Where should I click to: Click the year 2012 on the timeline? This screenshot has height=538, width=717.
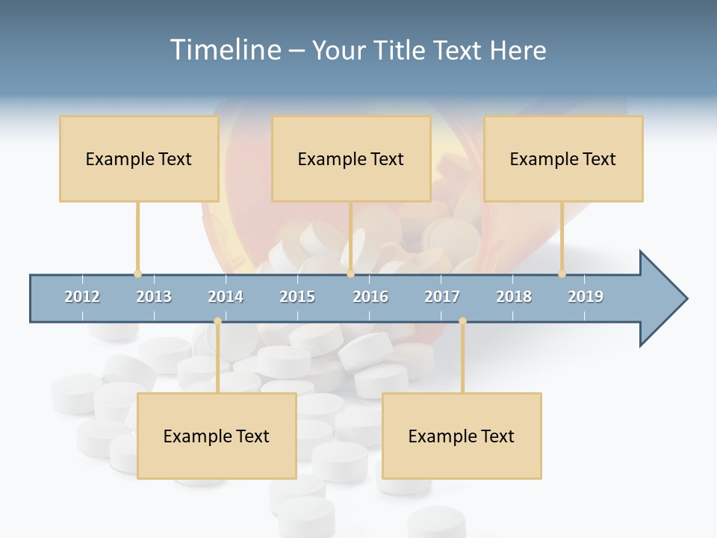(x=82, y=297)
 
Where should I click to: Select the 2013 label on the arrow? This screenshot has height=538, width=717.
(x=154, y=297)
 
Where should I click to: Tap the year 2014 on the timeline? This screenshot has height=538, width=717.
(x=226, y=297)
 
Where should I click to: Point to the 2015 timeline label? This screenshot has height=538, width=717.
(x=297, y=297)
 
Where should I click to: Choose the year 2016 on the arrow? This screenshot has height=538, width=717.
(x=370, y=297)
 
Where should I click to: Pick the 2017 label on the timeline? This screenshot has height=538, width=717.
(x=442, y=297)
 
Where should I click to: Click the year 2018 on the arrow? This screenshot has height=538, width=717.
(x=514, y=297)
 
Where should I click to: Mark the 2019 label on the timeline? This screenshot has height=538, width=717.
(x=586, y=297)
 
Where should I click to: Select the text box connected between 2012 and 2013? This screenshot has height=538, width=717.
(x=139, y=158)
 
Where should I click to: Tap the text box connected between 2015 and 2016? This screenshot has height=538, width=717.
(x=351, y=158)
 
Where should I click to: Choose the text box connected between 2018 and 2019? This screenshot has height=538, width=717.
(x=563, y=158)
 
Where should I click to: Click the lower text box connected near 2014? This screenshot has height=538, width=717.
(x=217, y=436)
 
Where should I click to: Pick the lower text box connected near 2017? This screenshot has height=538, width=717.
(x=462, y=436)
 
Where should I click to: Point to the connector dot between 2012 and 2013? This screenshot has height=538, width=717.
(x=137, y=273)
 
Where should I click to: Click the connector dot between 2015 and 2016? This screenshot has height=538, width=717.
(x=350, y=273)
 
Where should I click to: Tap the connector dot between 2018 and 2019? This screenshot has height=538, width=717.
(x=562, y=273)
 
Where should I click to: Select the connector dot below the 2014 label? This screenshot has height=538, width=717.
(x=217, y=321)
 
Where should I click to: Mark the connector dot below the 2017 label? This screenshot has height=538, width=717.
(x=462, y=321)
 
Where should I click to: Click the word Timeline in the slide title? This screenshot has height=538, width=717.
(x=225, y=50)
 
